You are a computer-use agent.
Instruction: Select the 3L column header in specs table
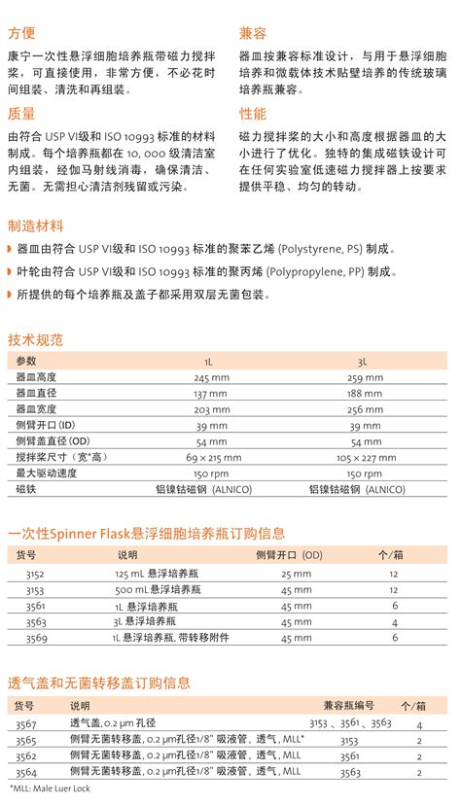coord(356,361)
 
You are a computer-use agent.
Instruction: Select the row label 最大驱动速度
coord(44,473)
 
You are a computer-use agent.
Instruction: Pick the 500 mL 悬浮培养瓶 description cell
coord(156,590)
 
